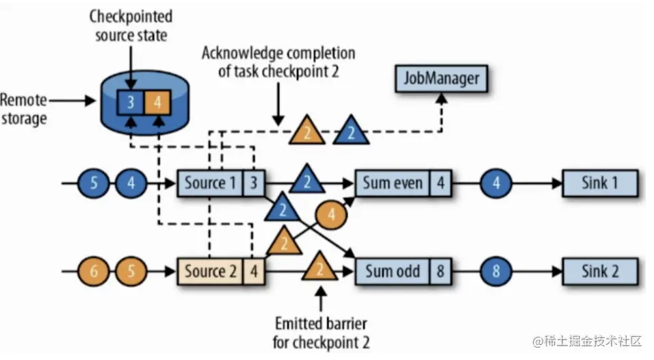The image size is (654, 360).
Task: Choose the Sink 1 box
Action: (599, 183)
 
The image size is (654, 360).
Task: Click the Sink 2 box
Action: (599, 271)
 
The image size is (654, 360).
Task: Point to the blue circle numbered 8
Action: (496, 271)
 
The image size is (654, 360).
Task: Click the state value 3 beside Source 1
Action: (254, 183)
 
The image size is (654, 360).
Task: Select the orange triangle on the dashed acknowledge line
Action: (306, 131)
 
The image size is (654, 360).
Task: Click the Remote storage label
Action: (24, 110)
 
